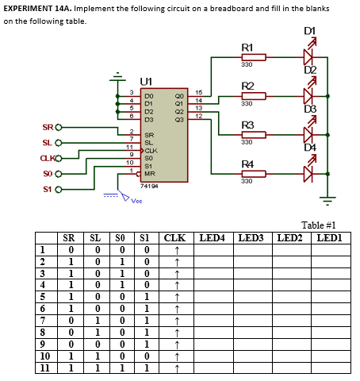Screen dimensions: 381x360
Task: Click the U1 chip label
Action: point(147,81)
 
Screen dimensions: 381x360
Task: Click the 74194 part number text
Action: point(149,184)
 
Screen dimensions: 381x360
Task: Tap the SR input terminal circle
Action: point(58,127)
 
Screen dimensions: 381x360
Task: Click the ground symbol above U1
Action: point(119,78)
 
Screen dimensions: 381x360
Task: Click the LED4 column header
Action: point(213,237)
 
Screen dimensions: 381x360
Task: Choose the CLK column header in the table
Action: point(174,237)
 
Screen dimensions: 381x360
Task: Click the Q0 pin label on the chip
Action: point(178,94)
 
